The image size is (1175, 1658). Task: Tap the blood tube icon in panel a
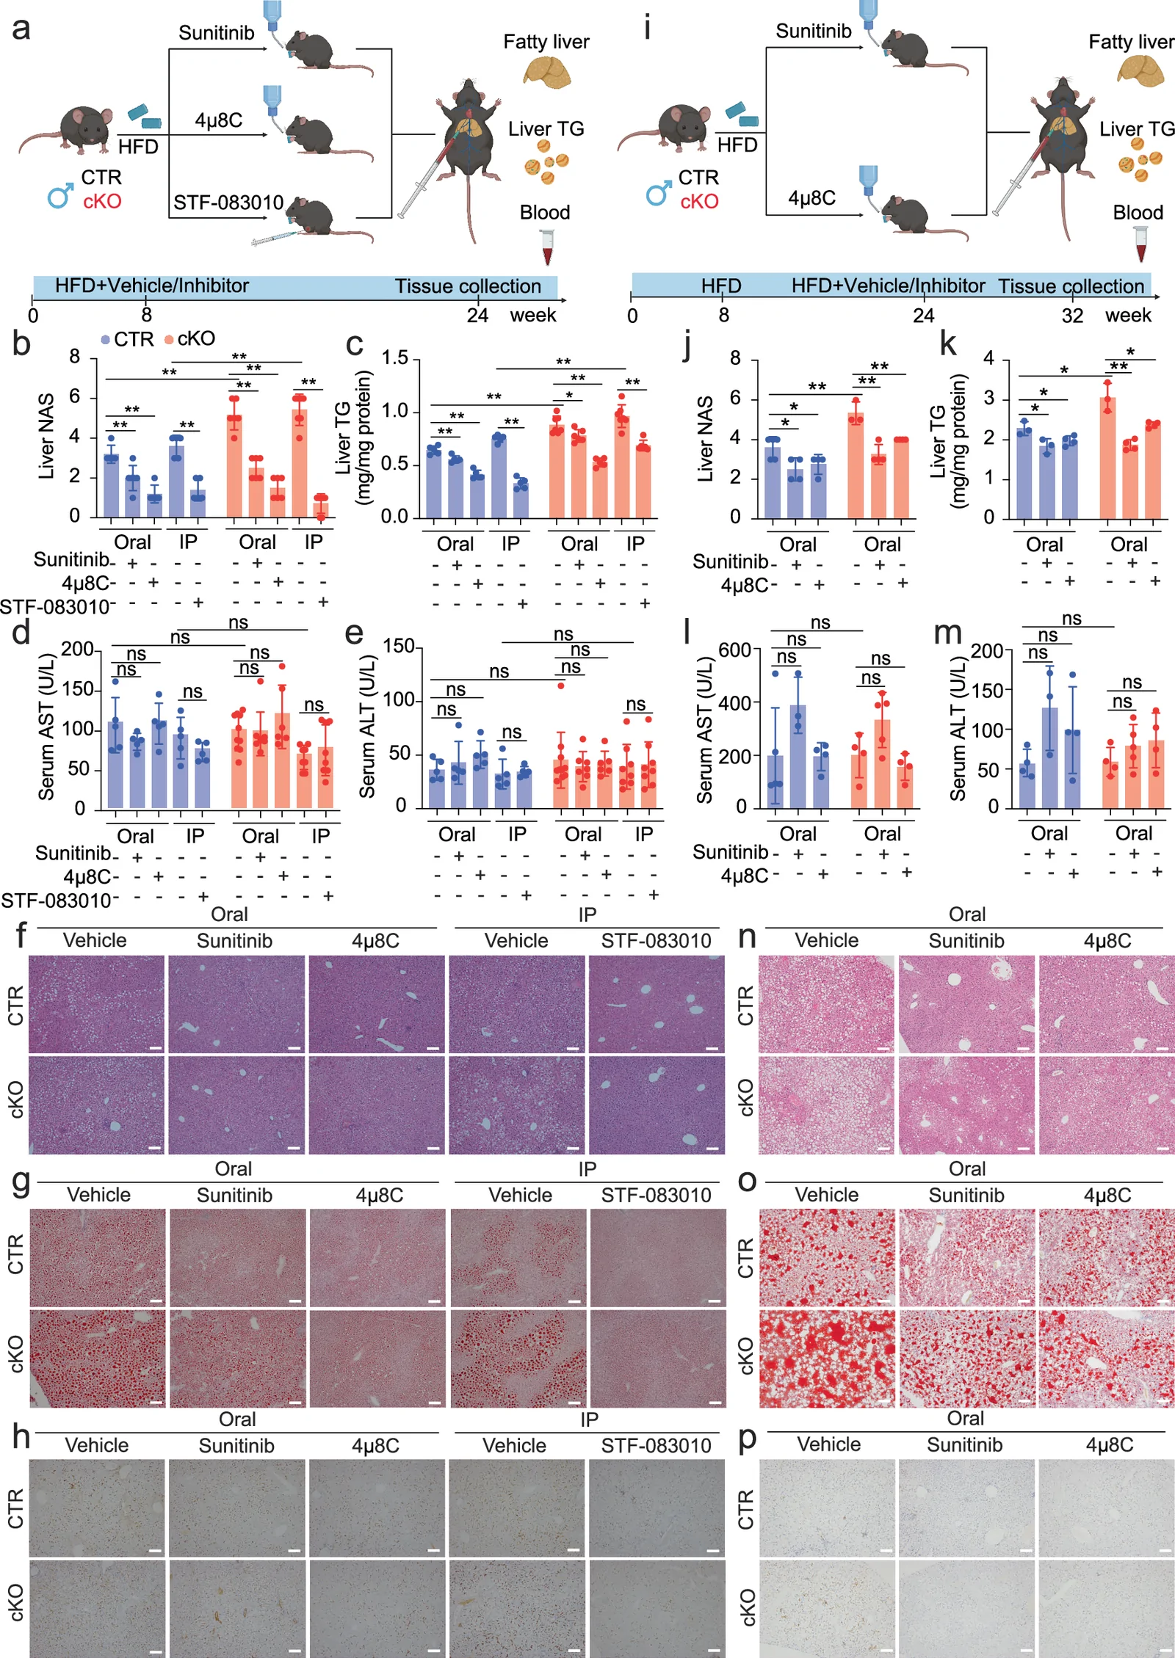coord(547,247)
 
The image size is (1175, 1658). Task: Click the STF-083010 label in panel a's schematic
coord(228,203)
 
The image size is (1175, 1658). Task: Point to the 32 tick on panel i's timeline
coord(1072,316)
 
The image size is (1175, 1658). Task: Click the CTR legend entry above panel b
coord(127,339)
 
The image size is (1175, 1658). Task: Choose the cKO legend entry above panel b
coord(189,339)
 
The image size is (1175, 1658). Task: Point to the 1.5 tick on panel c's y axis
coord(395,358)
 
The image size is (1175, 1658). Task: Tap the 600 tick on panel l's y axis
coord(734,650)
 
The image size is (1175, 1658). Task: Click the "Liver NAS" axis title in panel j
coord(704,439)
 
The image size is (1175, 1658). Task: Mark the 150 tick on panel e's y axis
coord(399,647)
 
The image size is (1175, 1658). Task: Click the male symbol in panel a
coord(60,195)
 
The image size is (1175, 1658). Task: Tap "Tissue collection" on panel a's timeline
coord(468,286)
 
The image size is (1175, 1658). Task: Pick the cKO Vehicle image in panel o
coord(827,1359)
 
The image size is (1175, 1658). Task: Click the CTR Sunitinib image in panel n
coord(966,1004)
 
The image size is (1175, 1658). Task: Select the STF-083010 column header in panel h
coord(656,1446)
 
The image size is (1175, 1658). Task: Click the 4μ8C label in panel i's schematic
coord(811,198)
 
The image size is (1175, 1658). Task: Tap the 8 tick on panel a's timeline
coord(147,316)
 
